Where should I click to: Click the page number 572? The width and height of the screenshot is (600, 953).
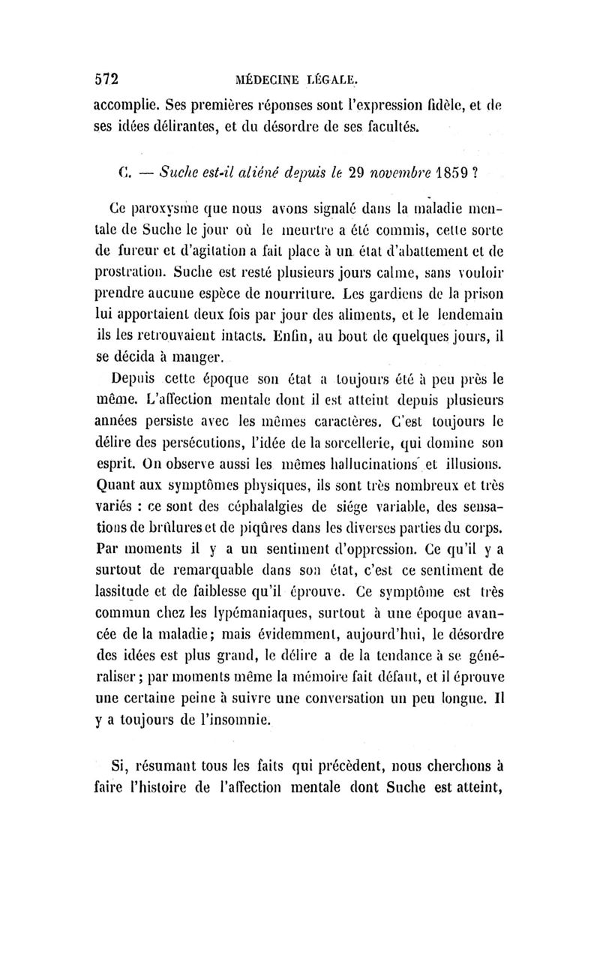click(107, 77)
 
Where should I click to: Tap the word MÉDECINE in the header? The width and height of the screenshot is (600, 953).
click(267, 78)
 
